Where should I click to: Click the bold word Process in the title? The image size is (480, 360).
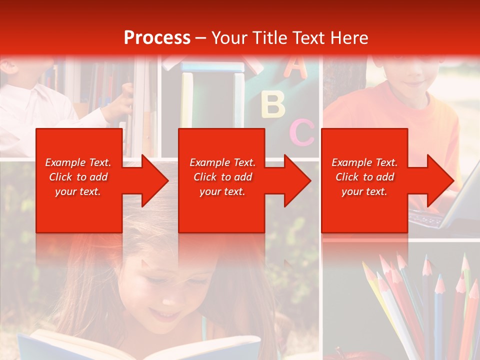[x=157, y=38]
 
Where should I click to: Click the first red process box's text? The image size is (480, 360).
[x=78, y=177]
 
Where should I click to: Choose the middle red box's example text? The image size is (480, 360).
[x=222, y=177]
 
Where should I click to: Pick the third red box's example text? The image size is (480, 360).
[x=364, y=177]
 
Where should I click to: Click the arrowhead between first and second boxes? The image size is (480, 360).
[x=152, y=180]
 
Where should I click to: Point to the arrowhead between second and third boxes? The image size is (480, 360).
[x=295, y=180]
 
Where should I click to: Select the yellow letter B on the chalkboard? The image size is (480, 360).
[x=273, y=103]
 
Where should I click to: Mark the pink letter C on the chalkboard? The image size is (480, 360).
[x=301, y=132]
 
